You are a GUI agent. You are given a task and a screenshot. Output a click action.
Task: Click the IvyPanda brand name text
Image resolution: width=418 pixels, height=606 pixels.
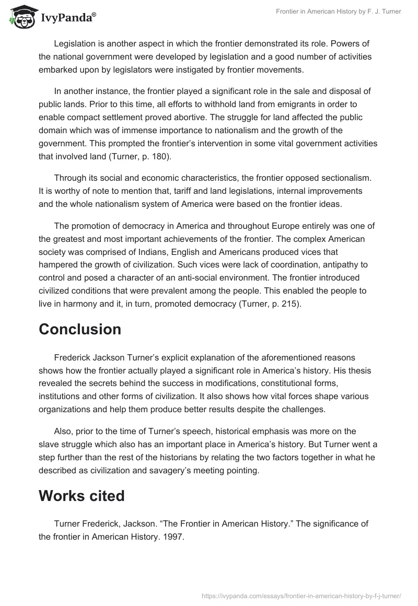[x=68, y=17]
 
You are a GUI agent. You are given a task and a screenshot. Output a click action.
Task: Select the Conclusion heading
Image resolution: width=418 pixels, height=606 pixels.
[x=80, y=330]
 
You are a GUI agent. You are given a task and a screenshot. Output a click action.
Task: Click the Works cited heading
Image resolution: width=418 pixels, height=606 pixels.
[x=82, y=496]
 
